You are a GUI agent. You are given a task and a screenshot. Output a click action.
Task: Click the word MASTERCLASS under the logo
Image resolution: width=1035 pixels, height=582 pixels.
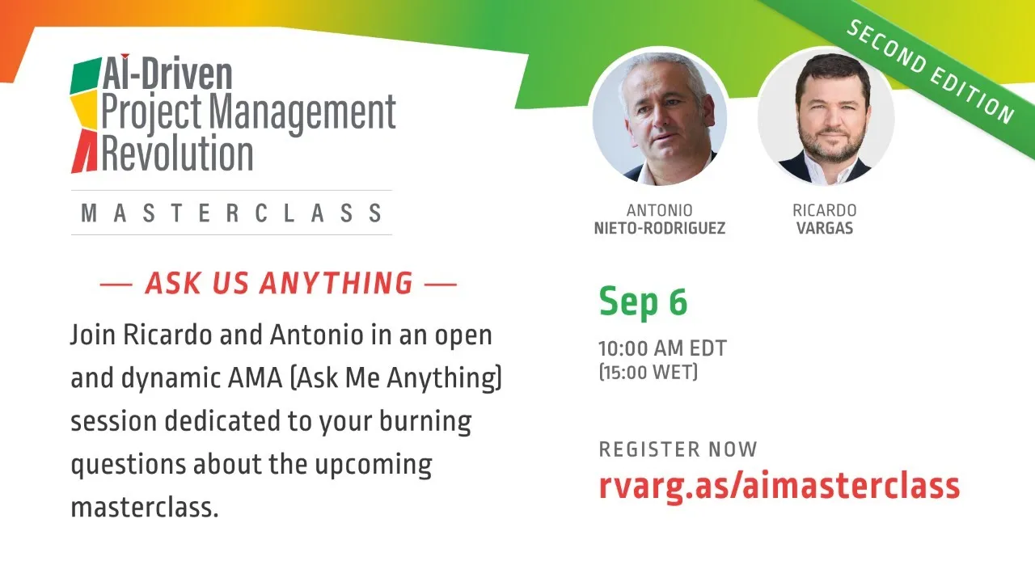point(231,213)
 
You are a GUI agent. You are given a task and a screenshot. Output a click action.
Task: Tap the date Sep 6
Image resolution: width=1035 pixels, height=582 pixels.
point(643,302)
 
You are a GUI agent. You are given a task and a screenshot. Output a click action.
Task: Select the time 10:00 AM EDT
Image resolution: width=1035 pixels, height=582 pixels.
point(662,348)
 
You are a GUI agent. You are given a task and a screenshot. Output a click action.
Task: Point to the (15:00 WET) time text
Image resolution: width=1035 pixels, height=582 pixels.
point(648,372)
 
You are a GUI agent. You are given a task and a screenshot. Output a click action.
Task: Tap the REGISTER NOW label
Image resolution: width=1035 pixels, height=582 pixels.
point(678,449)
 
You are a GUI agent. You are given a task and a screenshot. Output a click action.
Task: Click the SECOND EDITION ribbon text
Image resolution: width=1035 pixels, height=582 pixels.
point(930,72)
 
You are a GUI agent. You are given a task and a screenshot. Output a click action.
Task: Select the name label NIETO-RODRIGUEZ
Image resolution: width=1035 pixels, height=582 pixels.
point(659,228)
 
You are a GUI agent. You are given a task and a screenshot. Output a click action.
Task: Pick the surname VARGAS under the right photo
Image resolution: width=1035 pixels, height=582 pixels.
point(825,228)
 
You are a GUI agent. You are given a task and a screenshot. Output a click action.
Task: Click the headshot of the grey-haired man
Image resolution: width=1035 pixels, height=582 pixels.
point(659,117)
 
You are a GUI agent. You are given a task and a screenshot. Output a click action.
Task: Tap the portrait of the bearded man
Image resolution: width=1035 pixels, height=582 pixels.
point(826,117)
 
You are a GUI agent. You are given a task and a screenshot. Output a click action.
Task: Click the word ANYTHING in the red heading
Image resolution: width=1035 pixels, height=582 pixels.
point(336,283)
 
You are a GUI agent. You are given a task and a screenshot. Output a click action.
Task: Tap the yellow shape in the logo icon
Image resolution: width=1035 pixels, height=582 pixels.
point(84,110)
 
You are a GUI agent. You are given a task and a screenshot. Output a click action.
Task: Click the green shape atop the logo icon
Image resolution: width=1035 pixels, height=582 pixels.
point(85,75)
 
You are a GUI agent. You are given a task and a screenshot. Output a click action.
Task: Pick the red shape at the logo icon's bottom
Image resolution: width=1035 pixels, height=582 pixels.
point(85,151)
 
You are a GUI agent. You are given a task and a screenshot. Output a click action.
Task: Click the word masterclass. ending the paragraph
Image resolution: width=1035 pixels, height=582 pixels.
point(145,507)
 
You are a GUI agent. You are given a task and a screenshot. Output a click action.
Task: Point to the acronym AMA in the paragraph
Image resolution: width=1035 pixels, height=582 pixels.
point(255,377)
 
